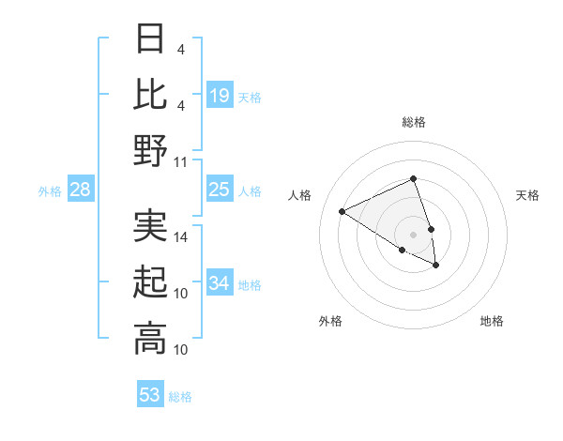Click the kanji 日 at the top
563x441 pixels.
(150, 40)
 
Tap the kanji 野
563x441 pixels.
(150, 150)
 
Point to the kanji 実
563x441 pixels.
(150, 225)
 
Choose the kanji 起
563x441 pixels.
(150, 282)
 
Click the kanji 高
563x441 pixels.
(150, 338)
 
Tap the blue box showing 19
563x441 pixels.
(220, 96)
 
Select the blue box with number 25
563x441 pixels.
(220, 190)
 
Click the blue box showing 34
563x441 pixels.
(220, 283)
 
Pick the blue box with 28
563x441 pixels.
(80, 190)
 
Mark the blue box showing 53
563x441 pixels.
(150, 395)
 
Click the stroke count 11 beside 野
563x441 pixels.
(181, 162)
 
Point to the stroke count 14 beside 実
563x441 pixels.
(181, 237)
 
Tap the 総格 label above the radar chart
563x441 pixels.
(413, 122)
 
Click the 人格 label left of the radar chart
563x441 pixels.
(300, 195)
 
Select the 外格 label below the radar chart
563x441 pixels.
(330, 321)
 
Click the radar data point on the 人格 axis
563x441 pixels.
(342, 212)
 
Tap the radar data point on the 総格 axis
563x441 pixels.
(413, 178)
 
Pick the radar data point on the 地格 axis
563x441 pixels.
(436, 266)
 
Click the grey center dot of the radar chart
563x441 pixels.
(413, 234)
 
